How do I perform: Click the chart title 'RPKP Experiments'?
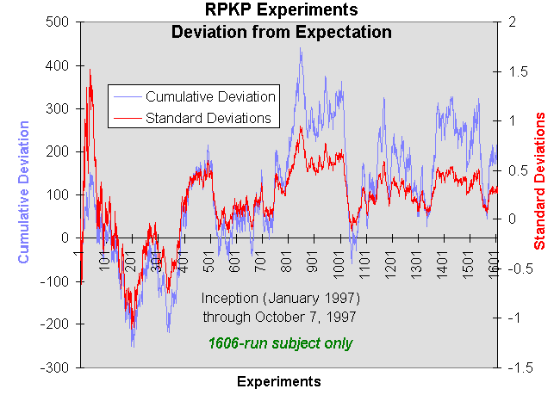[x=281, y=11]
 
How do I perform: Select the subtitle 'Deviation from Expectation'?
[x=281, y=33]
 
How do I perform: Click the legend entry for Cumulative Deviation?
[x=210, y=96]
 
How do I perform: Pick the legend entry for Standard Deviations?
[x=209, y=117]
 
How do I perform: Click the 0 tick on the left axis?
[x=64, y=238]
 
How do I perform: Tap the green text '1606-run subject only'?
[x=280, y=343]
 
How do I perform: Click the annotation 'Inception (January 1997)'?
[x=280, y=298]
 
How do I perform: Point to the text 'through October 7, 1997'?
[x=280, y=317]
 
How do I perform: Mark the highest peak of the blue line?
[x=300, y=49]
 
